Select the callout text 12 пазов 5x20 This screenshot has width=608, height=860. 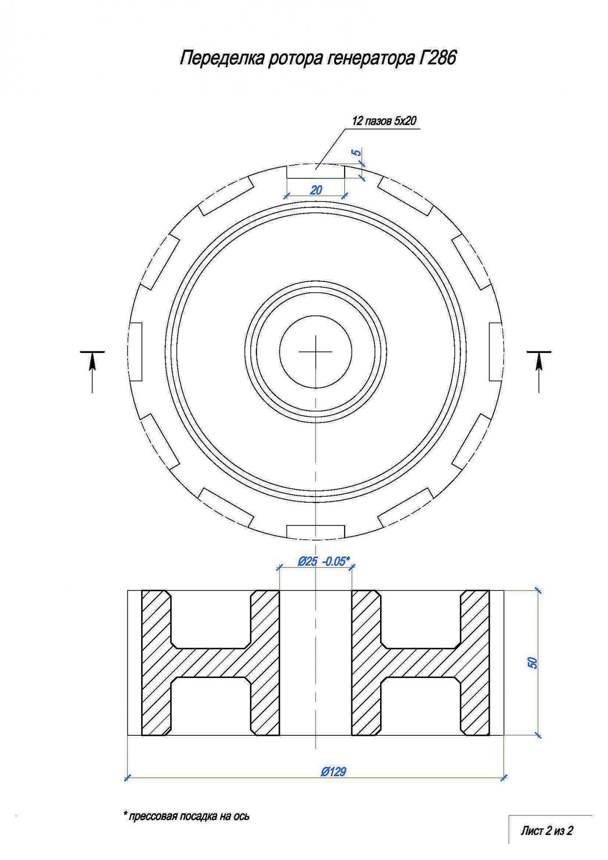[x=384, y=121]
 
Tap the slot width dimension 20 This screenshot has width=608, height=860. [x=316, y=190]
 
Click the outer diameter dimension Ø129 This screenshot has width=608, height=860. [x=333, y=772]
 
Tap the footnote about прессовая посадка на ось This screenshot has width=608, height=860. [x=186, y=816]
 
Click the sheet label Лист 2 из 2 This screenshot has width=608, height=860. [x=547, y=830]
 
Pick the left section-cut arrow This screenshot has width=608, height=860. [x=92, y=372]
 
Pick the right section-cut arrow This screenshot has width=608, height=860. [x=539, y=372]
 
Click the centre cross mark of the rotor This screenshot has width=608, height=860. [x=316, y=352]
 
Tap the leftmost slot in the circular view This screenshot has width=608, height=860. [x=135, y=352]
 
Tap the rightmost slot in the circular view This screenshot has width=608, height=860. [x=496, y=352]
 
